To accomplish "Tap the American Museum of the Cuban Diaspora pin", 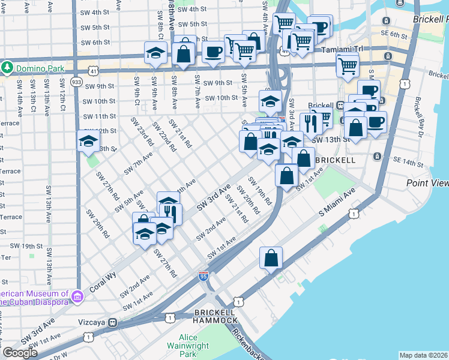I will point(77,296).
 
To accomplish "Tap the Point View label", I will point(427,182).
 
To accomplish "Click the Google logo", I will point(20,353).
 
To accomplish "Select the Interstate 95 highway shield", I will point(203,276).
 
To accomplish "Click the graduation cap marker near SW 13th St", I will point(88,141).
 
